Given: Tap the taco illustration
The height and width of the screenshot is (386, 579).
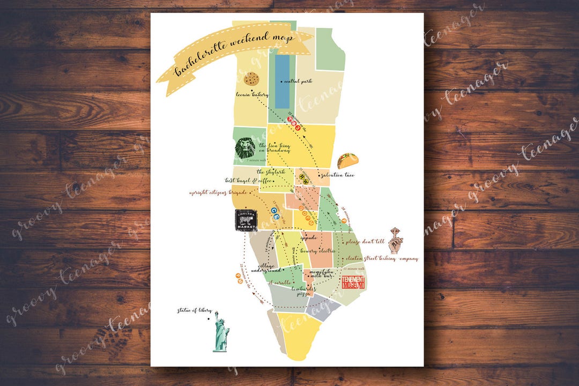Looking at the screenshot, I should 347,160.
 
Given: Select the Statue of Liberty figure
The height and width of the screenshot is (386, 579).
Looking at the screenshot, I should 221,332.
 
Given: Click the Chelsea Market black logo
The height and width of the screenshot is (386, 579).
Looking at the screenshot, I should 246,220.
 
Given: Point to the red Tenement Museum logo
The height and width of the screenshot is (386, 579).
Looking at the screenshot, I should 353,283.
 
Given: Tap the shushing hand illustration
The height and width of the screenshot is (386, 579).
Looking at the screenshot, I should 396,240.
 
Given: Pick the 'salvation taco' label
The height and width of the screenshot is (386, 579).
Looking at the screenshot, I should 336,175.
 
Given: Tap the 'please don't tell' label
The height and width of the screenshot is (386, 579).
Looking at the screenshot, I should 366,242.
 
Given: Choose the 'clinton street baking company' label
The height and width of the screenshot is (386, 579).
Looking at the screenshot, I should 382,258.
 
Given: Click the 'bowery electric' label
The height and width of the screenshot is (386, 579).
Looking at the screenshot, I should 318,251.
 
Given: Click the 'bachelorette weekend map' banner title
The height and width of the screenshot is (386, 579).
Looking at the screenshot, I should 235,56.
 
